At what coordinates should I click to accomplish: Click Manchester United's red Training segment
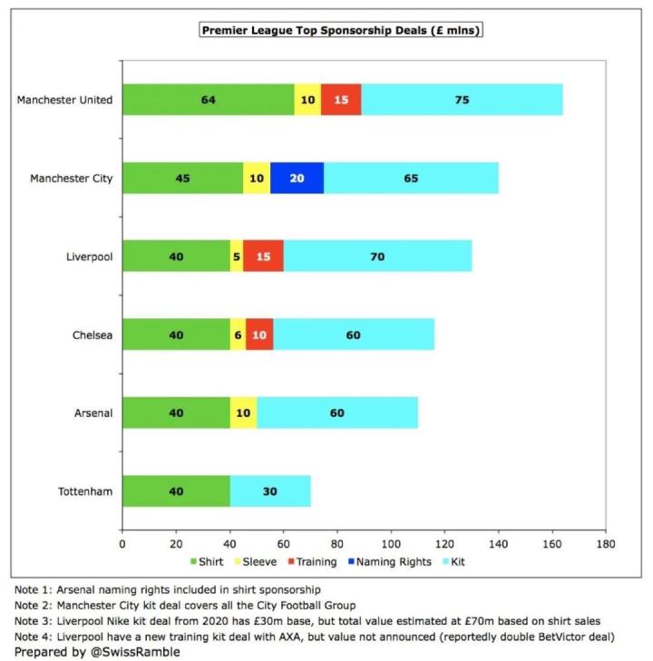tap(341, 100)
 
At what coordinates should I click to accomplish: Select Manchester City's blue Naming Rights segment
tap(297, 178)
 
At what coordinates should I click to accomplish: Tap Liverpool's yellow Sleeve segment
tap(237, 257)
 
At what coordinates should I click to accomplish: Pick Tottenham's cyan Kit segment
tap(270, 491)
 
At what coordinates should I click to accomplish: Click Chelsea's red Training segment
tap(259, 335)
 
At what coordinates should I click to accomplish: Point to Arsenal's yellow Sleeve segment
tap(243, 413)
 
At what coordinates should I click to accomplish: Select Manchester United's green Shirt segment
tap(208, 100)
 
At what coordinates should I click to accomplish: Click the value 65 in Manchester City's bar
tap(411, 178)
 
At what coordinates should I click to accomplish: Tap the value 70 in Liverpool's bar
tap(377, 257)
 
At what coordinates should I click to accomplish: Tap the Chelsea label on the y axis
tap(93, 335)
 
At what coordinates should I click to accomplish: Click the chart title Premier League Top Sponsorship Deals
tap(341, 31)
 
